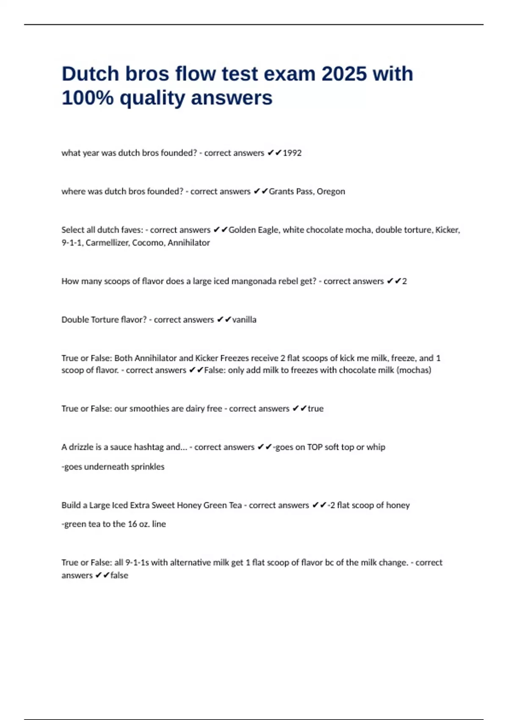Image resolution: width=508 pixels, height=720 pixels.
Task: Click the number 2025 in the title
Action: pyautogui.click(x=344, y=74)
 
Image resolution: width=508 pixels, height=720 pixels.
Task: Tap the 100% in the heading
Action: pyautogui.click(x=88, y=98)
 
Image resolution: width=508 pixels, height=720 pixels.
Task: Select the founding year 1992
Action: pyautogui.click(x=292, y=153)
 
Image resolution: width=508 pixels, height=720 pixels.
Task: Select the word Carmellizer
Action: pyautogui.click(x=107, y=243)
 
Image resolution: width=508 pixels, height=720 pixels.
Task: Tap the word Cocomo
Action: pyautogui.click(x=148, y=243)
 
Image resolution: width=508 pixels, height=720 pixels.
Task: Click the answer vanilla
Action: pyautogui.click(x=244, y=320)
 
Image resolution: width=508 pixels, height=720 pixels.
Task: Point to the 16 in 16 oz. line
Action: pyautogui.click(x=133, y=524)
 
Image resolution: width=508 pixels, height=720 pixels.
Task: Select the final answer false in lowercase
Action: pyautogui.click(x=119, y=576)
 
